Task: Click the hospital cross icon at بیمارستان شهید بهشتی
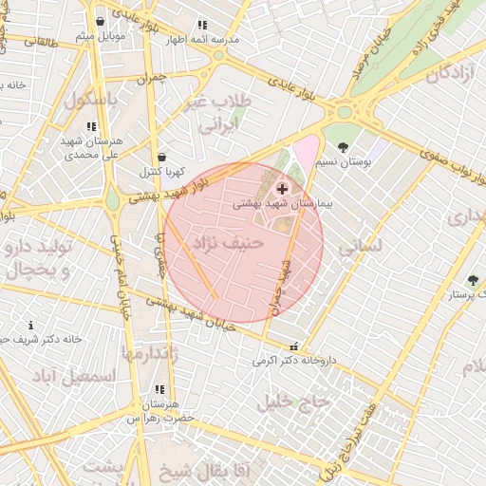[282, 190]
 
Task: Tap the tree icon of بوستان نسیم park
[343, 147]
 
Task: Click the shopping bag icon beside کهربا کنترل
[161, 158]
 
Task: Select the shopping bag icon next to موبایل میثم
[100, 21]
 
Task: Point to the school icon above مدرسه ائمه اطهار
[201, 26]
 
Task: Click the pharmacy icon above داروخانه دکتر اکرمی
[293, 346]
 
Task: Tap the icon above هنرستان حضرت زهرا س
[159, 389]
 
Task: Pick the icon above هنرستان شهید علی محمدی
[91, 125]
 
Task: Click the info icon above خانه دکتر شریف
[29, 326]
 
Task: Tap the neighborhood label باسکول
[90, 99]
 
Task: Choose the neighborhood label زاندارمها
[149, 353]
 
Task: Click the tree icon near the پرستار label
[473, 280]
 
